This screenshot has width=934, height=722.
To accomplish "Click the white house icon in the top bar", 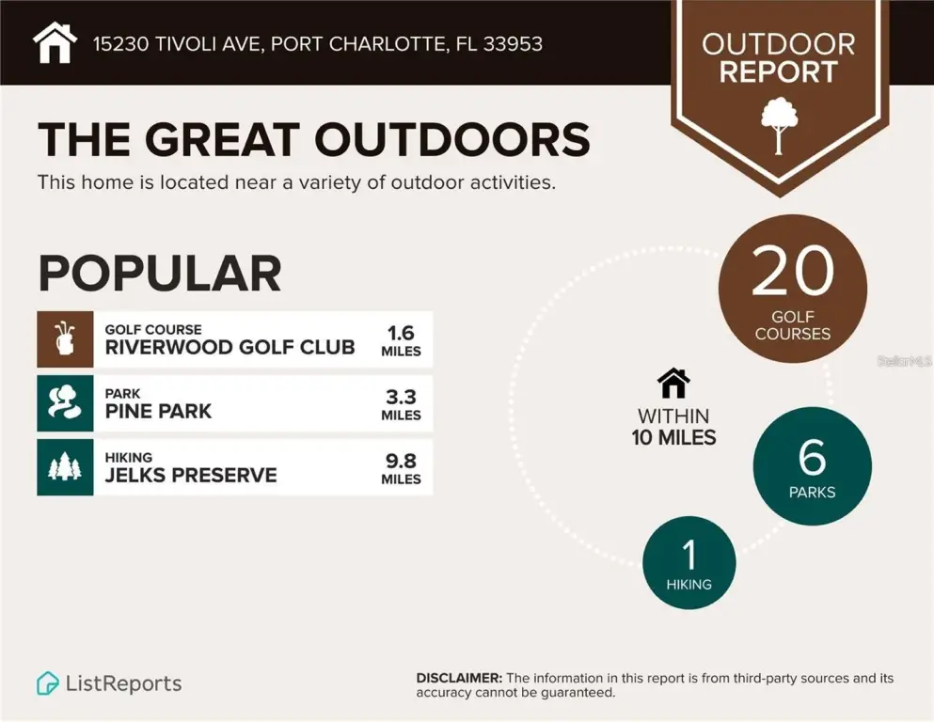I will (55, 42).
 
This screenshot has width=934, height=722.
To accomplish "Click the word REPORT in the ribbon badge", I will (778, 72).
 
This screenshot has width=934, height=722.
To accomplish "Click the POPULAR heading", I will (160, 274).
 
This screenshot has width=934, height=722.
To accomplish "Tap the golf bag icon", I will (65, 338).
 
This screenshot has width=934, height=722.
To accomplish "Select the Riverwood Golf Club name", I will (230, 347).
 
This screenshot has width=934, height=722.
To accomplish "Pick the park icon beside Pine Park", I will (65, 402).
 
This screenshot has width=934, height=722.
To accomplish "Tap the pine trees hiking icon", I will (65, 466).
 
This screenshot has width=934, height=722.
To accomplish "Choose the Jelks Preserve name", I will (191, 475).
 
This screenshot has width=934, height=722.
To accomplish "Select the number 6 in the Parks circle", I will (812, 457).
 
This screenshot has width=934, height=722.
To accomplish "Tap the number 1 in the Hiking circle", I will (689, 555).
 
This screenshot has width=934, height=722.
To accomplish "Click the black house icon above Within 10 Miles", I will (673, 383).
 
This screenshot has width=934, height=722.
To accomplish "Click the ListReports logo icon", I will (48, 683).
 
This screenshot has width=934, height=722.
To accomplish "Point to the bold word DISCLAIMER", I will (459, 678).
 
